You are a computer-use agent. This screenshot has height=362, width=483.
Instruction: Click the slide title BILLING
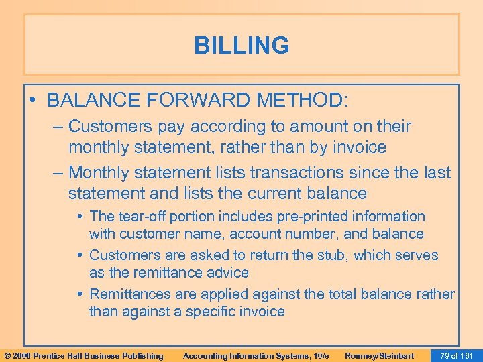(x=241, y=46)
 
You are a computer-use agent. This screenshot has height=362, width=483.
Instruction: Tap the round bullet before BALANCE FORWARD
(x=34, y=101)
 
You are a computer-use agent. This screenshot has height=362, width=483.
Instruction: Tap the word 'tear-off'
(x=143, y=217)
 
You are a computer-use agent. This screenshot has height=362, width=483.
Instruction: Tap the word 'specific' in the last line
(x=218, y=312)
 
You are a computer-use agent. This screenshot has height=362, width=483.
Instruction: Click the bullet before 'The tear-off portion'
(x=80, y=217)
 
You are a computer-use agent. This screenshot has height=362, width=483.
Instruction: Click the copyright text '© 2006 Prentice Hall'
(x=83, y=355)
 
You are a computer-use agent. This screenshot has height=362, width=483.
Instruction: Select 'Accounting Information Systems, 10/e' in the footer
(x=256, y=355)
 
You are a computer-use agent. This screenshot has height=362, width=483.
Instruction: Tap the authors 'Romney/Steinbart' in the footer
(x=379, y=355)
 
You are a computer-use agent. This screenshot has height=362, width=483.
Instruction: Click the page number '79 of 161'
(x=458, y=355)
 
